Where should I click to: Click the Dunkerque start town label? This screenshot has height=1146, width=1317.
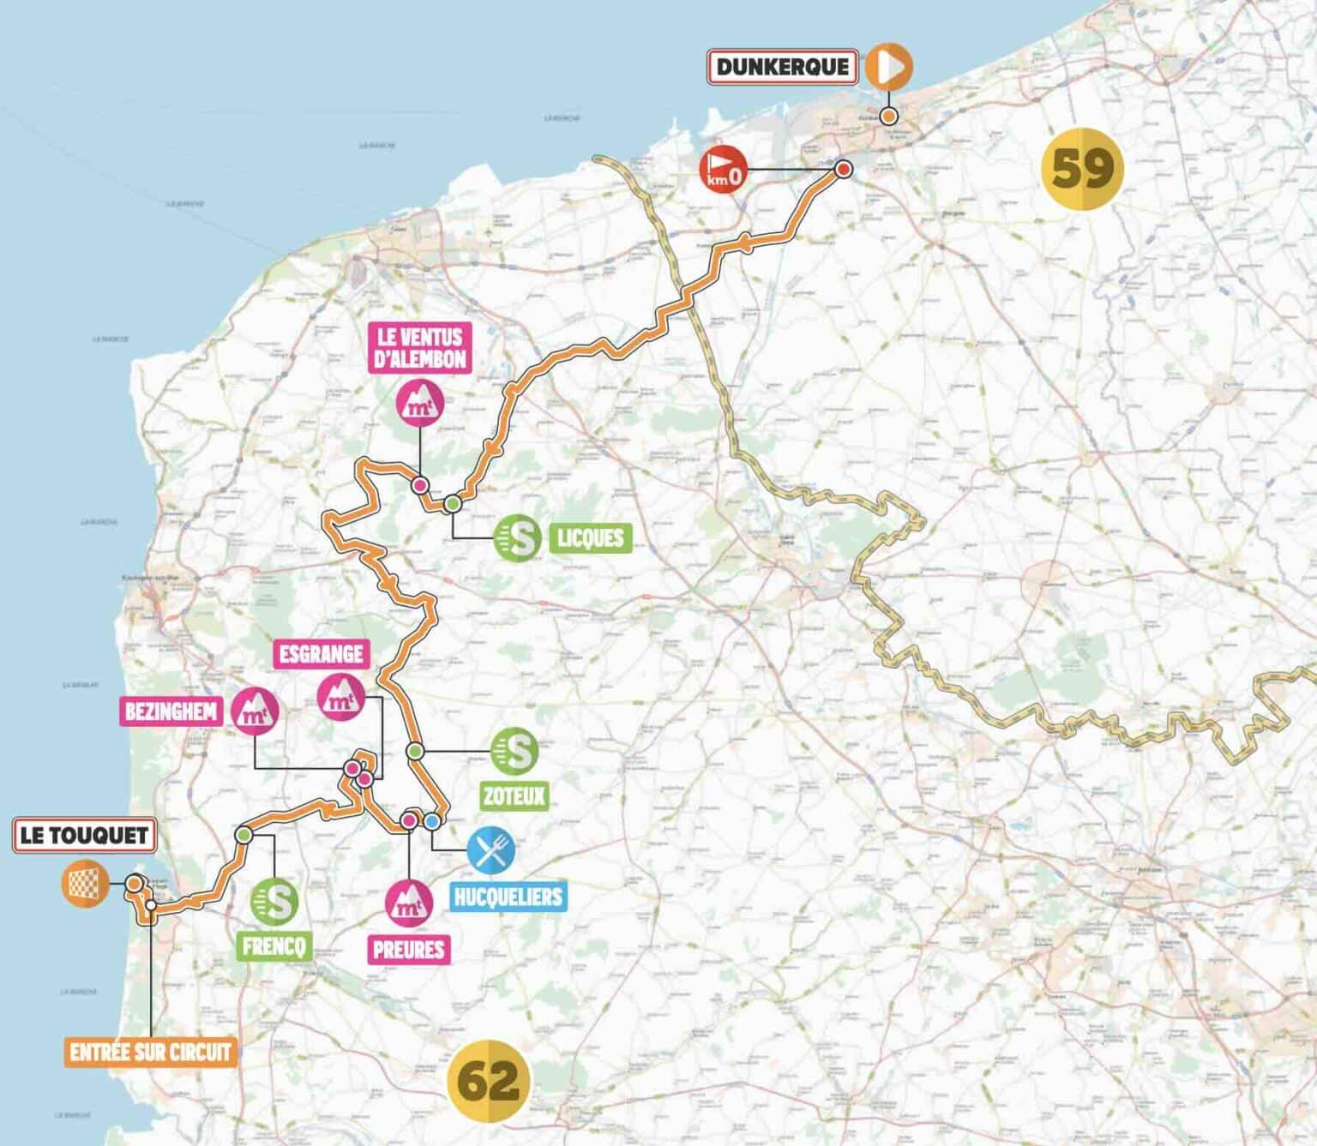click(782, 67)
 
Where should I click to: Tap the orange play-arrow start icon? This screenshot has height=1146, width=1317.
click(888, 66)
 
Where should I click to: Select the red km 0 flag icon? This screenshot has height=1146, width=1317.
click(723, 170)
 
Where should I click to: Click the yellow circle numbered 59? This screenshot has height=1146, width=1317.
click(1082, 168)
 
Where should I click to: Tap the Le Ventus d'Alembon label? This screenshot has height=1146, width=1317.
click(420, 347)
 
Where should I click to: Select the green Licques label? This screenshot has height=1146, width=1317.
click(590, 538)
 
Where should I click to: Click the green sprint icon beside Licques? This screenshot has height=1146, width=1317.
click(518, 538)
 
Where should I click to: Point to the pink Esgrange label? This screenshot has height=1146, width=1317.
click(322, 654)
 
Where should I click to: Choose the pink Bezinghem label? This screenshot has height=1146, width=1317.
click(171, 711)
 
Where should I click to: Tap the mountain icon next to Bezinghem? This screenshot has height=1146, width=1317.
click(255, 711)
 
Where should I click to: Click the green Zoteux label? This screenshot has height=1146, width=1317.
click(514, 796)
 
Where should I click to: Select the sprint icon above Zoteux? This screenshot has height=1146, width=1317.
click(514, 751)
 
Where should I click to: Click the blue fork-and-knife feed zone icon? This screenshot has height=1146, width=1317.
click(491, 850)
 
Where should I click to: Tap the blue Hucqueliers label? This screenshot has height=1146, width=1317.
click(508, 897)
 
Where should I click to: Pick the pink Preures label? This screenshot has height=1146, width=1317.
click(409, 950)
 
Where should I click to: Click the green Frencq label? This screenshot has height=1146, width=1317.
click(274, 946)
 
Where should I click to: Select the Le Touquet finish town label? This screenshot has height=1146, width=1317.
click(84, 835)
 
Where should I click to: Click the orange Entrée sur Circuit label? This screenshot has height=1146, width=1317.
click(151, 1052)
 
